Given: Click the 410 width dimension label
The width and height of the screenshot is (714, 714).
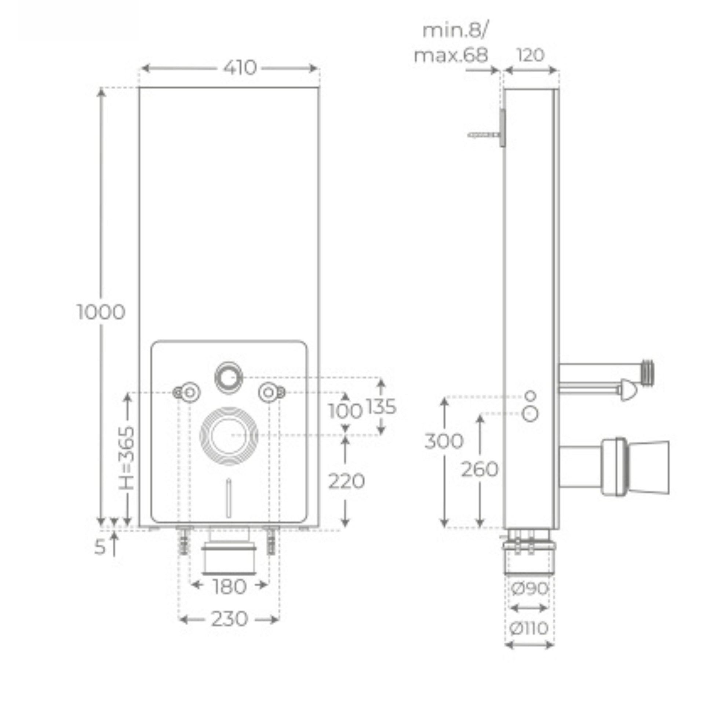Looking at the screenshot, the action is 240,68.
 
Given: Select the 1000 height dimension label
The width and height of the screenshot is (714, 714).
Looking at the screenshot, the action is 101,312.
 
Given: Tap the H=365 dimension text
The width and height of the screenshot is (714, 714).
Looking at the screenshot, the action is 126,458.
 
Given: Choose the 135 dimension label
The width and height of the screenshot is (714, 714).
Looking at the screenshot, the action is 381,407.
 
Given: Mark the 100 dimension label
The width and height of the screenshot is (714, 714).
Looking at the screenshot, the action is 345,411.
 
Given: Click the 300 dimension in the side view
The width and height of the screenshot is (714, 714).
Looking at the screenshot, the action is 444,441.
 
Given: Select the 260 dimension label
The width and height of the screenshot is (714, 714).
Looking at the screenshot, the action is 480,470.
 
